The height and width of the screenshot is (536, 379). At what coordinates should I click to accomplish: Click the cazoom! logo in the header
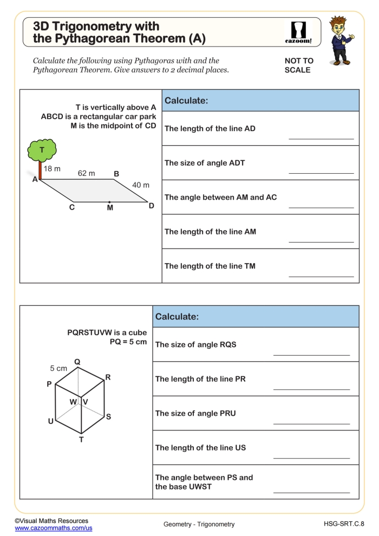click(x=298, y=32)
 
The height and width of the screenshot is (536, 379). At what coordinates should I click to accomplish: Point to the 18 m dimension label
click(x=52, y=169)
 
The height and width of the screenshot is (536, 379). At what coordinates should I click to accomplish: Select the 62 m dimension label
click(x=86, y=173)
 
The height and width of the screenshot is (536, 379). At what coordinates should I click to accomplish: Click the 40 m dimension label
click(x=141, y=185)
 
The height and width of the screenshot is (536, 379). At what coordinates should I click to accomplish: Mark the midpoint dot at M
click(x=110, y=202)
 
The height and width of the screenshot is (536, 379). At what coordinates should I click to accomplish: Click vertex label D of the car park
click(x=152, y=206)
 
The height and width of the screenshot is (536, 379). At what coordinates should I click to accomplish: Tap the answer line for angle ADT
click(x=321, y=173)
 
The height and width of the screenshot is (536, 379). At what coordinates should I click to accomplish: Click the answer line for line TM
click(x=321, y=277)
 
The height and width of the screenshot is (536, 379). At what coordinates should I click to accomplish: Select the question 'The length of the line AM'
click(x=210, y=232)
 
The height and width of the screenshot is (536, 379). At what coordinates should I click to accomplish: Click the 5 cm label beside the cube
click(x=58, y=368)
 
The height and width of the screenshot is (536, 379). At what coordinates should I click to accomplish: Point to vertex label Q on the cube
click(x=77, y=362)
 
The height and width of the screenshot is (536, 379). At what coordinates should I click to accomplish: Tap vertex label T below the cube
click(x=82, y=440)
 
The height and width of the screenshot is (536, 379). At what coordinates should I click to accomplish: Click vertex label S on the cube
click(x=108, y=416)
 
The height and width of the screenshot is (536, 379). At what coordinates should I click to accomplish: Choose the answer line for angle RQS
click(x=311, y=355)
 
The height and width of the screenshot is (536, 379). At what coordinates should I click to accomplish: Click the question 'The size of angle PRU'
click(x=195, y=413)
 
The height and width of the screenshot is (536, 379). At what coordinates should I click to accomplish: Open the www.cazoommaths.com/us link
click(x=54, y=527)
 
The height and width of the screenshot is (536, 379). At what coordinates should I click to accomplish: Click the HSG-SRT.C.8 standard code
click(x=344, y=524)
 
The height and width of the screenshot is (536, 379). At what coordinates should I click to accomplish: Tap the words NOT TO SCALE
click(x=299, y=66)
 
